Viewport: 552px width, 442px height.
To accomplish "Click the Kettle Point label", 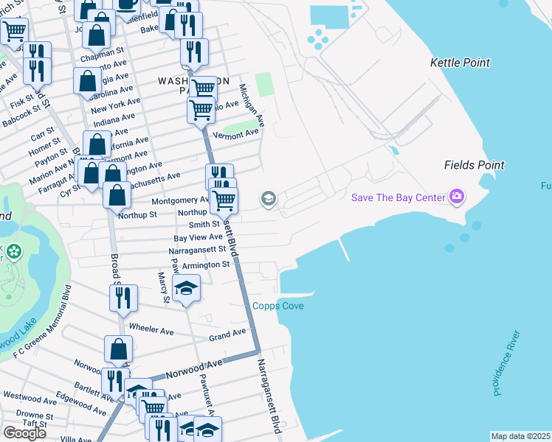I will (x=460, y=63).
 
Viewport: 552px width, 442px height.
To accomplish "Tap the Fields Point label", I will (x=474, y=165).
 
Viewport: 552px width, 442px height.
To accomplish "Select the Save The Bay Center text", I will (x=398, y=197).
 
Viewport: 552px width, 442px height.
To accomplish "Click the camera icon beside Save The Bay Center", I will (x=458, y=197).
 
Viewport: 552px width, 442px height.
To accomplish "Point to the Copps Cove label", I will (x=277, y=306).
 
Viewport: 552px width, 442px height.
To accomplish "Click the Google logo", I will (x=24, y=432).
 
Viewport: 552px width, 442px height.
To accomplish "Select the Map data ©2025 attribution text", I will (x=520, y=436).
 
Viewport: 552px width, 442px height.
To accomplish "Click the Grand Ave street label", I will (x=227, y=334).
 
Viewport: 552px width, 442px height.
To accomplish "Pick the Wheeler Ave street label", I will (x=151, y=329).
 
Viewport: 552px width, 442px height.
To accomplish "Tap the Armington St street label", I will (x=206, y=264).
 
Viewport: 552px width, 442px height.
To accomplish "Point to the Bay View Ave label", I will (x=198, y=237).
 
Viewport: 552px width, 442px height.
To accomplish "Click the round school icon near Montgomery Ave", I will (x=268, y=199).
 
